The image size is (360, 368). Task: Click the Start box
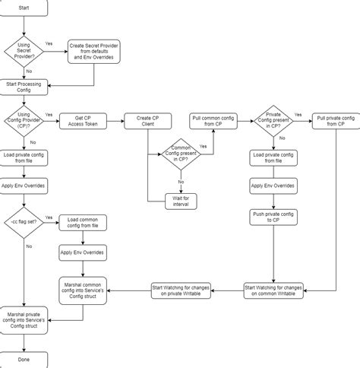pyautogui.click(x=25, y=8)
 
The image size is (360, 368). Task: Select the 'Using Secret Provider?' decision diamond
pyautogui.click(x=25, y=52)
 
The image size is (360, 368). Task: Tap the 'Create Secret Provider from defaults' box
pyautogui.click(x=95, y=52)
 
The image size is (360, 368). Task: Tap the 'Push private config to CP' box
pyautogui.click(x=273, y=219)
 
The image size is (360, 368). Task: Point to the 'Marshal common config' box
pyautogui.click(x=84, y=288)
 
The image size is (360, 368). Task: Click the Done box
pyautogui.click(x=25, y=359)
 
